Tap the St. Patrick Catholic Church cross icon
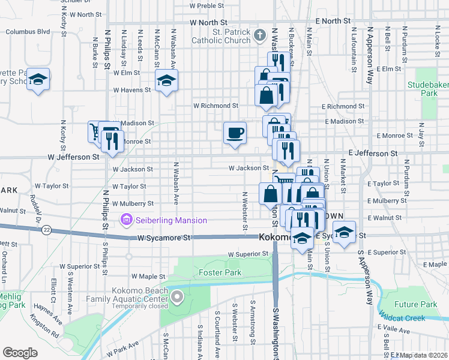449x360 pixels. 259,34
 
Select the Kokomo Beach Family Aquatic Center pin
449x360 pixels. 176,296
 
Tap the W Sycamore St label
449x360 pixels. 164,238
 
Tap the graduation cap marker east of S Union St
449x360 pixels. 344,232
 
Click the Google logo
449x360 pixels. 20,353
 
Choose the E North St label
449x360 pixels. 332,22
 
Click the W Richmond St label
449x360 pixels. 215,106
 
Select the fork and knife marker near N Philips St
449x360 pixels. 112,141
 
